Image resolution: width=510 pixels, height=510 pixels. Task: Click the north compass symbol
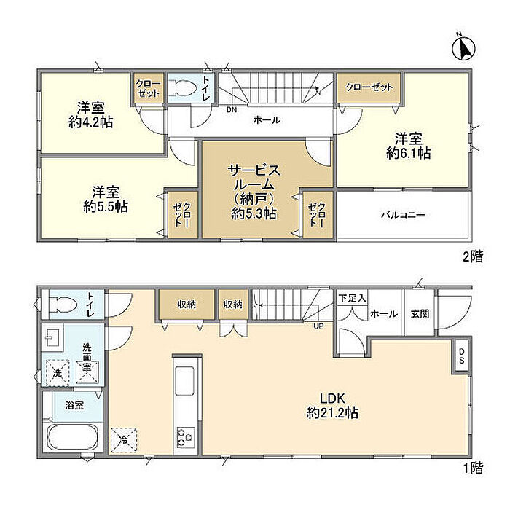[x=464, y=48]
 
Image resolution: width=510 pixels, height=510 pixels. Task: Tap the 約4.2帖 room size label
[x=91, y=122]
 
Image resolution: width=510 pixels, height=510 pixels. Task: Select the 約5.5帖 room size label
[x=106, y=207]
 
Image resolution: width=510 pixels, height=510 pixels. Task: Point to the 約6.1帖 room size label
[x=409, y=153]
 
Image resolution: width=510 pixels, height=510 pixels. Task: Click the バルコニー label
[x=404, y=215]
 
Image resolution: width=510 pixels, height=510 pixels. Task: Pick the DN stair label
[x=232, y=110]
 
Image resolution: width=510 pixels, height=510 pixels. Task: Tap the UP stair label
[x=318, y=326]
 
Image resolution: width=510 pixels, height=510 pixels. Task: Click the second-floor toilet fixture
[x=181, y=88]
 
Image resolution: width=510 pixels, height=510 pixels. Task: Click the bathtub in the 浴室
[x=74, y=437]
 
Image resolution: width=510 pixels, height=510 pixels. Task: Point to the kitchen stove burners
[x=185, y=436]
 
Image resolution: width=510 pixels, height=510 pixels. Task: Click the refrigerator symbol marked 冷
[x=124, y=440]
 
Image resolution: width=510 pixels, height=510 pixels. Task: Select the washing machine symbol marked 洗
[x=58, y=372]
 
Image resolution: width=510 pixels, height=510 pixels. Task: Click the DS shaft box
[x=461, y=356]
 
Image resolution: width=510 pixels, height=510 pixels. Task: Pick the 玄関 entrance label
[x=420, y=314]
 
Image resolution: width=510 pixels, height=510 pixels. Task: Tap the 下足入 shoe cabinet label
[x=352, y=298]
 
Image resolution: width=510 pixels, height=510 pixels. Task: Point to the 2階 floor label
[x=474, y=256]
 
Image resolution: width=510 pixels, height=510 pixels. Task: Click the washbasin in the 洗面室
[x=52, y=337]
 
